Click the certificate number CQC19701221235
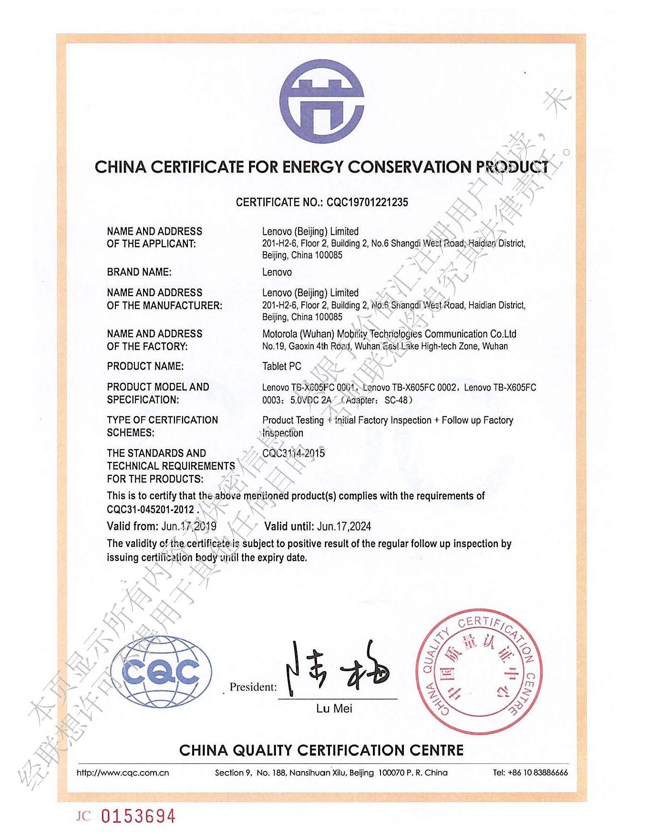coord(367,202)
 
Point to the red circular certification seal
coord(475,671)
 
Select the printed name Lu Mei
coord(334,709)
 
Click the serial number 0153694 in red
coord(138,816)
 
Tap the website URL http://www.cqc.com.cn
coord(123,772)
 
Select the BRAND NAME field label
coord(139,272)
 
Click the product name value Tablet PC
coord(282,366)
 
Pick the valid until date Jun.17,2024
coord(344,526)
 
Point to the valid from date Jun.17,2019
coord(189,526)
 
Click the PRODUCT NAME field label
coord(145,366)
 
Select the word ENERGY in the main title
coord(313,167)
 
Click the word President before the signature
coord(253,687)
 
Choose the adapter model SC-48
coord(396,400)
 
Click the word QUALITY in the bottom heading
coord(264,751)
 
